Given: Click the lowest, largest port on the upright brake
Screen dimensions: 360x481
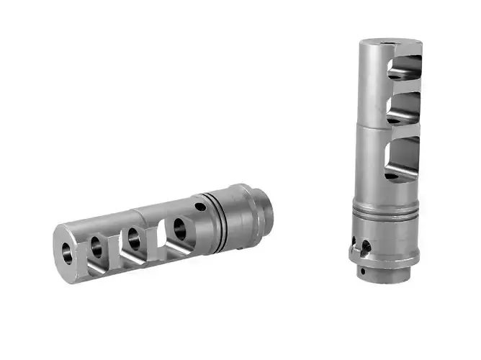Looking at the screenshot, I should point(402,159).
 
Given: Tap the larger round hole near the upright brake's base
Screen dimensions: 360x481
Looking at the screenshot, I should point(367,246).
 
